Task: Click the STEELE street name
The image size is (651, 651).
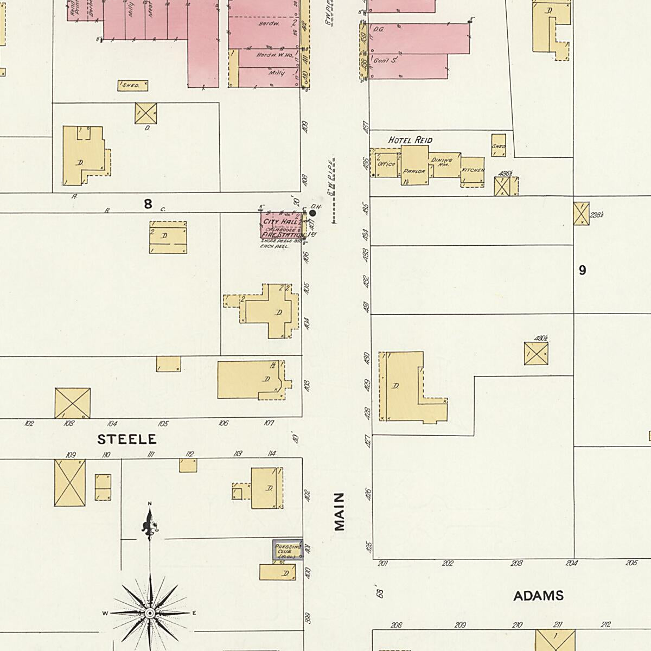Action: pos(127,439)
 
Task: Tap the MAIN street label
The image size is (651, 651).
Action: pos(340,511)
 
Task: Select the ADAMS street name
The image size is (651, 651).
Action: pos(538,596)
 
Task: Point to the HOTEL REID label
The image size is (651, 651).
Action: pos(410,140)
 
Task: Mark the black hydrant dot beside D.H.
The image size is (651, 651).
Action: pos(312,214)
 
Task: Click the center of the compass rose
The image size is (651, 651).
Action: pos(150,613)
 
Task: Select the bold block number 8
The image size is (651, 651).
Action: pos(148,204)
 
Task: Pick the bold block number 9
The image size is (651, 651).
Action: pos(582,270)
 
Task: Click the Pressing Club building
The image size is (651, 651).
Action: pos(286,550)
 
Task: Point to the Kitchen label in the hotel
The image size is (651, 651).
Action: pos(473,170)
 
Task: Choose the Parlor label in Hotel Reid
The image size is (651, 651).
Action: pos(414,171)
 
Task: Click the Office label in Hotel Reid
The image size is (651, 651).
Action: pos(386,163)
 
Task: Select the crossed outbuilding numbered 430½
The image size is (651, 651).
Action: pos(536,354)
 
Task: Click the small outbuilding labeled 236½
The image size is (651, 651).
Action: pos(581,214)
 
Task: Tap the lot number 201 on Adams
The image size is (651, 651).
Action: pos(383,564)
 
